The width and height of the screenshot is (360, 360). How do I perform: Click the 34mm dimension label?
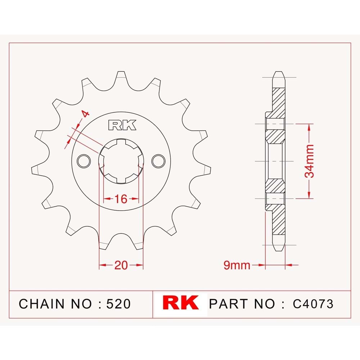pyautogui.click(x=309, y=161)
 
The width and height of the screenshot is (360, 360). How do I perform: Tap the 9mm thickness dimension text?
pyautogui.click(x=237, y=265)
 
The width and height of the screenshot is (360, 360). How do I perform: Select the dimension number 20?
pyautogui.click(x=121, y=265)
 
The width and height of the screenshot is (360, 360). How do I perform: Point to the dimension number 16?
pyautogui.click(x=121, y=199)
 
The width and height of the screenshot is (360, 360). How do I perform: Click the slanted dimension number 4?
pyautogui.click(x=85, y=114)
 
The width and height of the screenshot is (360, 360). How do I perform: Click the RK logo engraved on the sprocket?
pyautogui.click(x=122, y=125)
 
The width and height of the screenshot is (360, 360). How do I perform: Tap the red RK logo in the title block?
pyautogui.click(x=180, y=303)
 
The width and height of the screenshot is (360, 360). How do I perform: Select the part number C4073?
pyautogui.click(x=313, y=304)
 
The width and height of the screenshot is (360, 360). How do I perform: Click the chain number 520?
pyautogui.click(x=118, y=304)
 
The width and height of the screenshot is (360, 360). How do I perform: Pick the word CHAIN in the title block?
pyautogui.click(x=41, y=304)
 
